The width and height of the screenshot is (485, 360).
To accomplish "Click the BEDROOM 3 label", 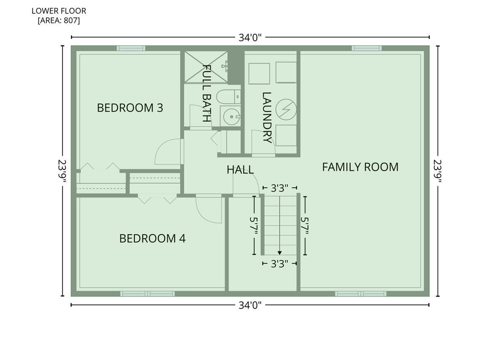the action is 130,108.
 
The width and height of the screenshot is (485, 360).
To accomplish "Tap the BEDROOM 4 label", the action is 152,238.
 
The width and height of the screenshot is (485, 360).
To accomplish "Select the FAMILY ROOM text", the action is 360,167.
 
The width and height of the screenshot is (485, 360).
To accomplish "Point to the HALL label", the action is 240,169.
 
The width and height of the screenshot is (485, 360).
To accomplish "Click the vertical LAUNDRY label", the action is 267,118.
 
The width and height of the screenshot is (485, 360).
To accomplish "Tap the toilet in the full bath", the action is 228,97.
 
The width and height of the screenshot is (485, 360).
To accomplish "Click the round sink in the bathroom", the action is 232,117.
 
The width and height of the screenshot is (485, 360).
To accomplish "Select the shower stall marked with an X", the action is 206,67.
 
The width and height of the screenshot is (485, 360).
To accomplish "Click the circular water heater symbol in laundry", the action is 286,110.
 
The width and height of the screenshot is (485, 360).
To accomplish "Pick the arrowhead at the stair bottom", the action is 279,253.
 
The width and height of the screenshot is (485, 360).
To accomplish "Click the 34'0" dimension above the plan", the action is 250,38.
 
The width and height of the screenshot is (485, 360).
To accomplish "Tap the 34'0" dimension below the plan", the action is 250,305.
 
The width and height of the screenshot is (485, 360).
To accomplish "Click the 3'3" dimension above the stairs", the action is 279,188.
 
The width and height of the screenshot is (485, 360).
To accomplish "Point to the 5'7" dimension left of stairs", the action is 254,226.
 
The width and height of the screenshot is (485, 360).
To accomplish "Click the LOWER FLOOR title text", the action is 59,11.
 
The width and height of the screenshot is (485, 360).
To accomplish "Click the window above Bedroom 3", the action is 131,48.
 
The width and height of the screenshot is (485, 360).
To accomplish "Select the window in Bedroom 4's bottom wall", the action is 148,294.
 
